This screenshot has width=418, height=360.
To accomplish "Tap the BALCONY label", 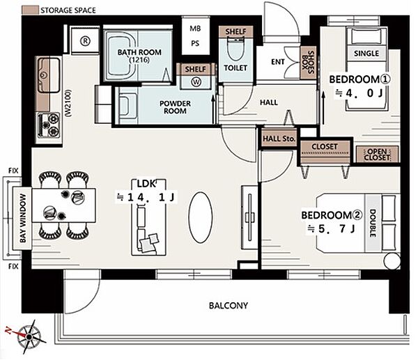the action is pos(229,306).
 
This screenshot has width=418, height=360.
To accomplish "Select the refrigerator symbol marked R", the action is pos(85,41).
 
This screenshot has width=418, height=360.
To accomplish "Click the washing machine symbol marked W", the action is pos(196,81).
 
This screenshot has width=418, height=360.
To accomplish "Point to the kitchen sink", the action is pos(49,75).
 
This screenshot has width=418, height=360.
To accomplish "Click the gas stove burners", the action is pos(49,125).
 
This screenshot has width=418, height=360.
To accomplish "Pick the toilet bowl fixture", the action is pos(235,49).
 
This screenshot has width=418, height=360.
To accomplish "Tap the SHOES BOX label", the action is pos(309,63).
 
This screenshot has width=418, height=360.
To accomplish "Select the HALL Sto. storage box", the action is pos(279,139).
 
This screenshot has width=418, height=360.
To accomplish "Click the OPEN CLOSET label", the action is pos(377,155).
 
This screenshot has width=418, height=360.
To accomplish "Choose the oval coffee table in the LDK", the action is pos(201,217).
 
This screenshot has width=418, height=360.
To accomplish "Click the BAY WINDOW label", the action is pos(24,218).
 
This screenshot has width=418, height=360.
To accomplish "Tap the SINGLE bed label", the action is pos(366,54).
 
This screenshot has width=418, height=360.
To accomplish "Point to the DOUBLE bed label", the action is pos(373,224).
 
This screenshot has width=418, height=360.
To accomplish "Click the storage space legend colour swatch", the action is pos(30,10).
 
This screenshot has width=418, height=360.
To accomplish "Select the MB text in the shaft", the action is pos(195,29).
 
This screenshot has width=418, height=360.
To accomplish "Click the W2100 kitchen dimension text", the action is pos(68,103).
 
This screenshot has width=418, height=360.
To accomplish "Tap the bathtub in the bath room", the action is pos(121,56).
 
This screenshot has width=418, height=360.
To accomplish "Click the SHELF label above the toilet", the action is pos(236,31).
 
